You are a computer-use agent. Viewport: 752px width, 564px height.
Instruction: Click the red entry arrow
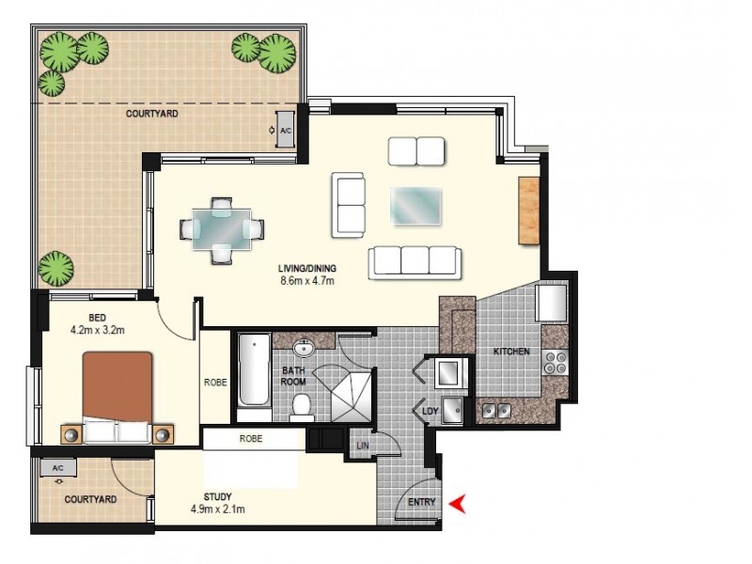tap(458, 504)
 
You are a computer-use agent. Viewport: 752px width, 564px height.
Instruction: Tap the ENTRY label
tap(422, 503)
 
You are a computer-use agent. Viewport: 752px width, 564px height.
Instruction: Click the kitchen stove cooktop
tap(556, 363)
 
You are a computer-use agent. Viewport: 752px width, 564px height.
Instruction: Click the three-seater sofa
tap(415, 262)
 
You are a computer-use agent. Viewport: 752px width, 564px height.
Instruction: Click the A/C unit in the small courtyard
tap(58, 468)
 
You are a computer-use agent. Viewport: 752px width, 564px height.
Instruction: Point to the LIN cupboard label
tap(361, 446)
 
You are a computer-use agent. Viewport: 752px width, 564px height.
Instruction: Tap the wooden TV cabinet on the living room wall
tap(528, 211)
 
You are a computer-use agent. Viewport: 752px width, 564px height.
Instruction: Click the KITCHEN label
tap(511, 352)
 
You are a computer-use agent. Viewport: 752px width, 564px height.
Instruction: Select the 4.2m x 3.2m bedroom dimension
tap(99, 331)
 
